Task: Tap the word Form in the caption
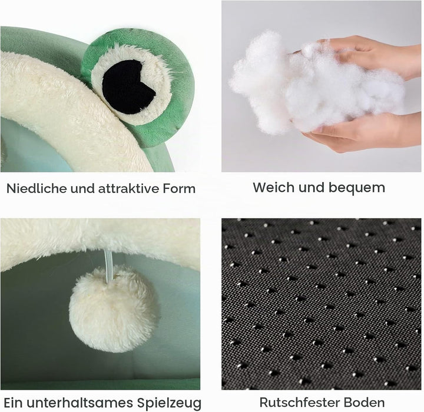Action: [179, 188]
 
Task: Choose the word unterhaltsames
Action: [79, 403]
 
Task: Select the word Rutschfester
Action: [296, 402]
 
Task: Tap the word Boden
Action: [360, 402]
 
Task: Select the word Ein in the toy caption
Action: [13, 403]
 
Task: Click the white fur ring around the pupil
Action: [163, 81]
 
